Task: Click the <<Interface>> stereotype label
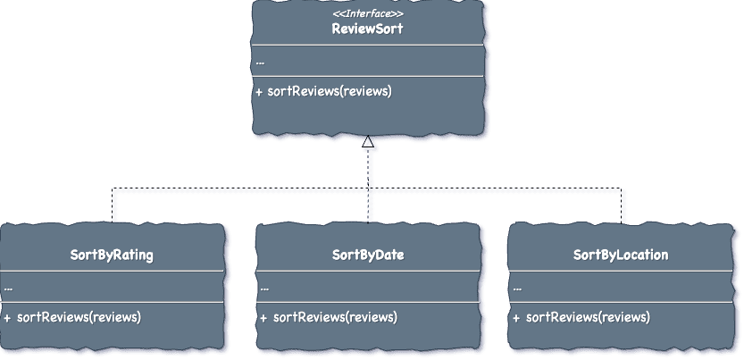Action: (367, 13)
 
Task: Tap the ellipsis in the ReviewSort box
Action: (260, 63)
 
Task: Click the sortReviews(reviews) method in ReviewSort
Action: (330, 91)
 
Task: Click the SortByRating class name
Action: (112, 255)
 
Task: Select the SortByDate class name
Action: (368, 255)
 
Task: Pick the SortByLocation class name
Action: (621, 255)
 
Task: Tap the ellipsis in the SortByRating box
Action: (8, 288)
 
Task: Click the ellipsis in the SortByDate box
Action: (264, 288)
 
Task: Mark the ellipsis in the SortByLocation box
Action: (518, 288)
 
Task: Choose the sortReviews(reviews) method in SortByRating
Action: (79, 317)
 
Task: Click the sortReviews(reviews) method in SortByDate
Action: (335, 317)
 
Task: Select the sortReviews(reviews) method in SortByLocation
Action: (588, 317)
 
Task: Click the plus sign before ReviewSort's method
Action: (259, 91)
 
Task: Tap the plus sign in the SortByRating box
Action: (7, 317)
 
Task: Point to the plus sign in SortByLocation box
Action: (516, 317)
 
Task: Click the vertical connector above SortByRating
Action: (114, 206)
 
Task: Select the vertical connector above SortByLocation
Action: (623, 206)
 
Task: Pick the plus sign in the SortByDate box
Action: (263, 317)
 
